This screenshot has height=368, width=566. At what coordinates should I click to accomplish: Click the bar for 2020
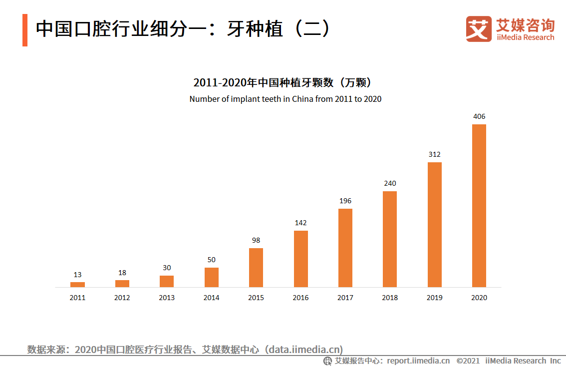coord(479,206)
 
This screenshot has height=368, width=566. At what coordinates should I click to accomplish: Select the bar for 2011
coord(77,285)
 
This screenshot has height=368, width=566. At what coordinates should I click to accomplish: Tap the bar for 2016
coord(300,259)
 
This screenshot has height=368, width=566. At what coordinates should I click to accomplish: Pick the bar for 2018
coord(390,239)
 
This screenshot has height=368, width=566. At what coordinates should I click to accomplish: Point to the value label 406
coord(479,116)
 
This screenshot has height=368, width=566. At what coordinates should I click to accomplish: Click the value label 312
coord(434,154)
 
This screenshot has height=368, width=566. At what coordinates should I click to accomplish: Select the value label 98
coord(256,240)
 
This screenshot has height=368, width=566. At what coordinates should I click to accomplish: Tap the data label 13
coord(77,275)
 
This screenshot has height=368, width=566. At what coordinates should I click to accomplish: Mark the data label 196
coord(345,201)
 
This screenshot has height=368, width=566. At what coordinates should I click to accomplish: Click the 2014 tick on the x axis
coord(211,298)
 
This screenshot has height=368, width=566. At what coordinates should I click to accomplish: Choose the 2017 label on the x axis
coord(345,298)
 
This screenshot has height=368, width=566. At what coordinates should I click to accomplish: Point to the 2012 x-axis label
coord(122,298)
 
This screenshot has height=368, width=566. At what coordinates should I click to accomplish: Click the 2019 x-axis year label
coord(434,298)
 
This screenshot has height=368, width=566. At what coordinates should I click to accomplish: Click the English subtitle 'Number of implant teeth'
coord(285,99)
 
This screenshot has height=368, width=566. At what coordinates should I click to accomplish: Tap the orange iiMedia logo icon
coord(479,29)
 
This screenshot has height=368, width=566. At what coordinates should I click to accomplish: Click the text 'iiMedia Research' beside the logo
coord(525,37)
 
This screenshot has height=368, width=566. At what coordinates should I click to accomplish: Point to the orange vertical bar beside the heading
coord(25,30)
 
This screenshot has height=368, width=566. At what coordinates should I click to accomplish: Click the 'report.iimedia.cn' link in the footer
coord(418,361)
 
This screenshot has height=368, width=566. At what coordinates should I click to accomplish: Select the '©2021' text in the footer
coord(468,361)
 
